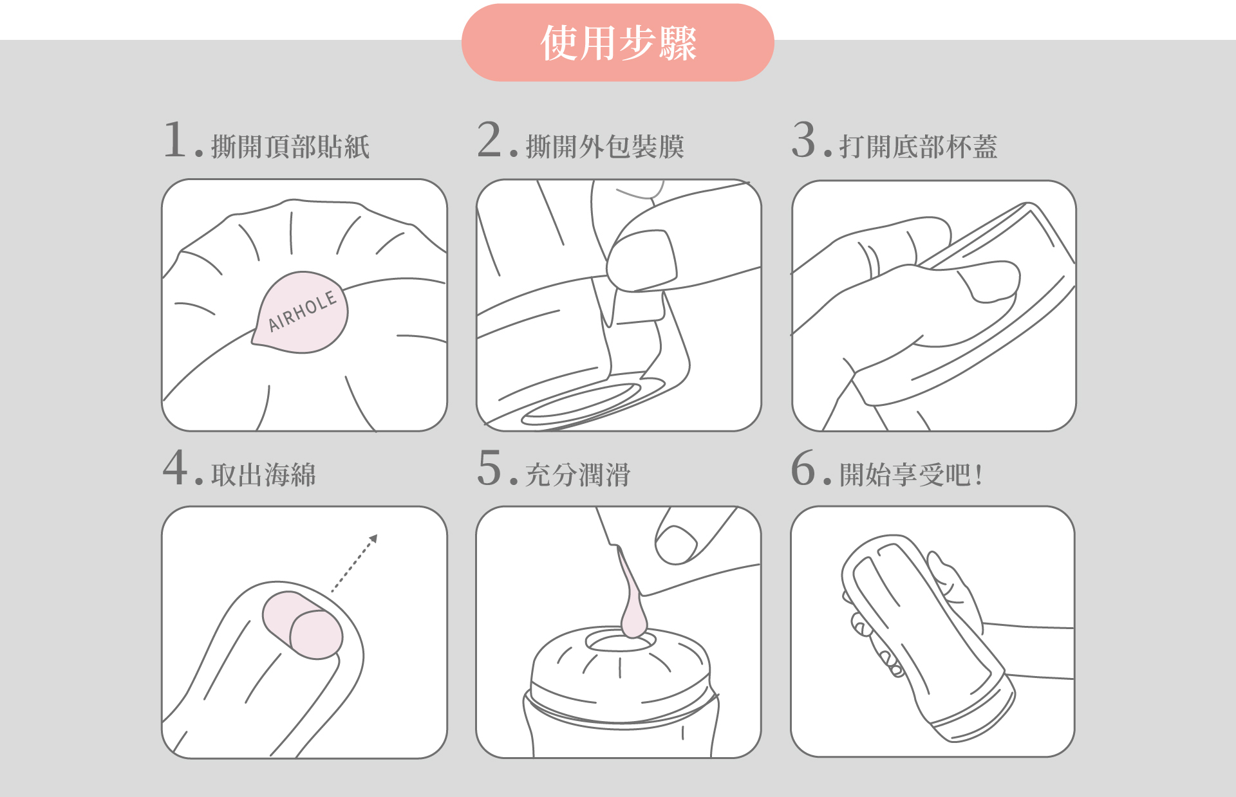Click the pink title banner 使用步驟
pyautogui.click(x=618, y=42)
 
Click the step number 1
pyautogui.click(x=175, y=140)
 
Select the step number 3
pyautogui.click(x=804, y=140)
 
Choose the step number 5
pyautogui.click(x=489, y=468)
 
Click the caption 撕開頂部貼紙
pyautogui.click(x=290, y=147)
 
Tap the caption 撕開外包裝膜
pyautogui.click(x=605, y=147)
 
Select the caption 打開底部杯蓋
pyautogui.click(x=919, y=147)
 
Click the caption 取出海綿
pyautogui.click(x=264, y=475)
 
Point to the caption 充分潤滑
pyautogui.click(x=578, y=475)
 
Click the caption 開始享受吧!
pyautogui.click(x=911, y=475)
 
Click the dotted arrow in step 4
pyautogui.click(x=354, y=563)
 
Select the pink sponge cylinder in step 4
pyautogui.click(x=302, y=625)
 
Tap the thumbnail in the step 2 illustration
pyautogui.click(x=642, y=260)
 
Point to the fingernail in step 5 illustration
pyautogui.click(x=676, y=545)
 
